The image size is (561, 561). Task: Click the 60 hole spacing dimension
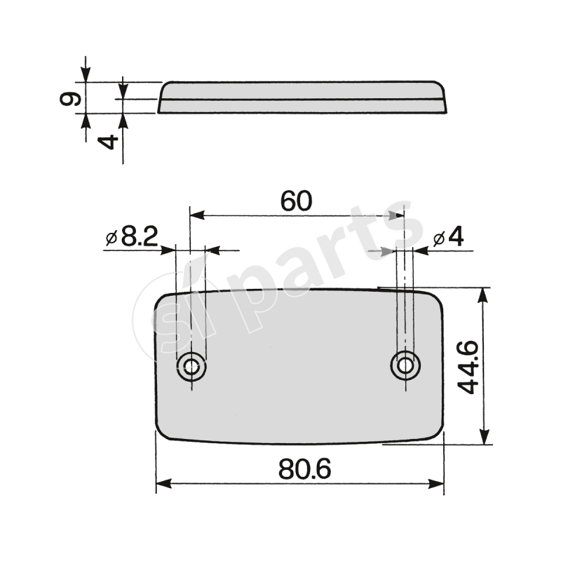coord(295,201)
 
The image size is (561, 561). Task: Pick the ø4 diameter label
coord(449,238)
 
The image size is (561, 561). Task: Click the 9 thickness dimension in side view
coord(69,98)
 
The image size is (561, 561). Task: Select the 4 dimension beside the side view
coord(107,142)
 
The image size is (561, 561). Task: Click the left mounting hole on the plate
coord(190,365)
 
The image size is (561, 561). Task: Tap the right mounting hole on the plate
coord(405,365)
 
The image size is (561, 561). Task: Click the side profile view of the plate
coord(302,97)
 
